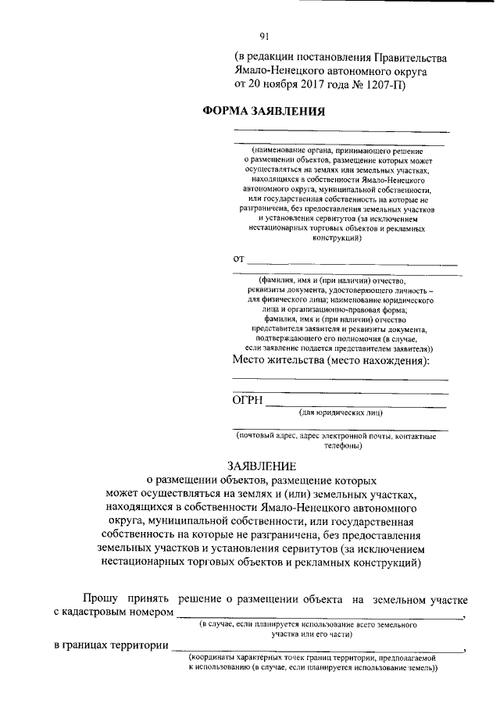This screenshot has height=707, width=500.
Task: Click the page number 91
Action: (264, 35)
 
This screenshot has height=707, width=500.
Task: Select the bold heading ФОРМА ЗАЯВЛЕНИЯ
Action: (263, 111)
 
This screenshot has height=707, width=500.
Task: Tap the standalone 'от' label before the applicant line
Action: (239, 259)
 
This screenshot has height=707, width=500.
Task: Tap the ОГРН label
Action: (248, 401)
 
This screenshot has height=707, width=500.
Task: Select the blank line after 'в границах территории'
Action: (317, 650)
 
